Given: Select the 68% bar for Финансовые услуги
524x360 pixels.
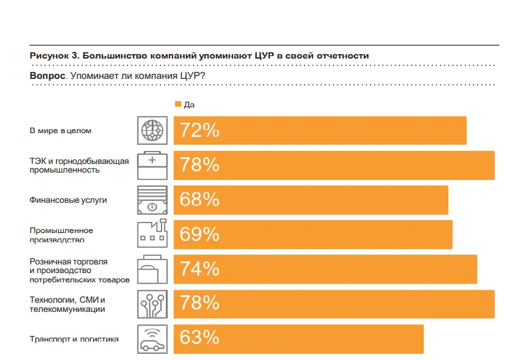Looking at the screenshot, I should [x=311, y=200].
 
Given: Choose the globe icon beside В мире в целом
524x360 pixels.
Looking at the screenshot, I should [x=151, y=131].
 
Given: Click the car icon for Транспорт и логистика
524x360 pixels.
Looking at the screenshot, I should [x=151, y=338].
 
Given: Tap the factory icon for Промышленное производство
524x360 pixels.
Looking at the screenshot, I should [x=151, y=234].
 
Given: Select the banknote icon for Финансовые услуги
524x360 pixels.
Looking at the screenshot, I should [x=151, y=200].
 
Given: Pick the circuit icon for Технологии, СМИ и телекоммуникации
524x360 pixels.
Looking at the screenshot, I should [x=151, y=303].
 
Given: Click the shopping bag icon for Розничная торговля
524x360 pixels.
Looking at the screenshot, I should [x=151, y=269].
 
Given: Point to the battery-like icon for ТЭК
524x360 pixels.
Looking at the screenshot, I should [x=151, y=165].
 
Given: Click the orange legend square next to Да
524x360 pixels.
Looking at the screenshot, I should [x=178, y=104].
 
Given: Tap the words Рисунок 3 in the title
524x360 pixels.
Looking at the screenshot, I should [x=52, y=55].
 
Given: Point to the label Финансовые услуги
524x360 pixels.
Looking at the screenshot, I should [x=68, y=200].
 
